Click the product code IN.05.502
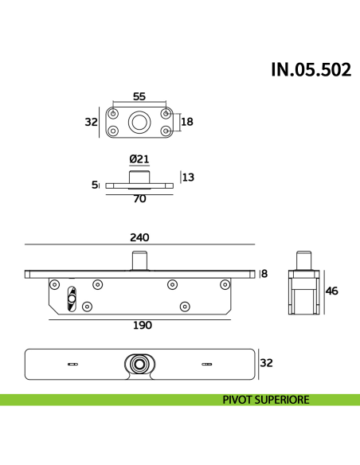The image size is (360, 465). tap(310, 70)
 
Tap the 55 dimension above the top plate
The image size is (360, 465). tap(139, 96)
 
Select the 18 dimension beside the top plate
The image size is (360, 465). tap(188, 122)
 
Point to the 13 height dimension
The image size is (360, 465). tap(188, 178)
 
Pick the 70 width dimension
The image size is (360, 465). tap(139, 199)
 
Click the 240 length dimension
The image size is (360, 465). tap(139, 237)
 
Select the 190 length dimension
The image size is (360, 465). tap(142, 325)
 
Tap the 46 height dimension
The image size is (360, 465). tap(332, 291)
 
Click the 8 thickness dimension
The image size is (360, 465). tap(264, 274)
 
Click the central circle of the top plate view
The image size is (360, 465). tap(139, 122)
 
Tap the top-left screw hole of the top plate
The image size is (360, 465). tap(113, 113)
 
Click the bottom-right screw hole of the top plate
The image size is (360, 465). tap(166, 131)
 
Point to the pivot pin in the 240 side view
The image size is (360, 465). tap(140, 261)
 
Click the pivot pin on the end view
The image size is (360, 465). tap(303, 260)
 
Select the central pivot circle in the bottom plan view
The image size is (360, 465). tap(140, 364)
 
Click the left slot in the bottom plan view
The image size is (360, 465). tap(73, 364)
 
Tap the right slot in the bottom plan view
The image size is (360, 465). tap(207, 364)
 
